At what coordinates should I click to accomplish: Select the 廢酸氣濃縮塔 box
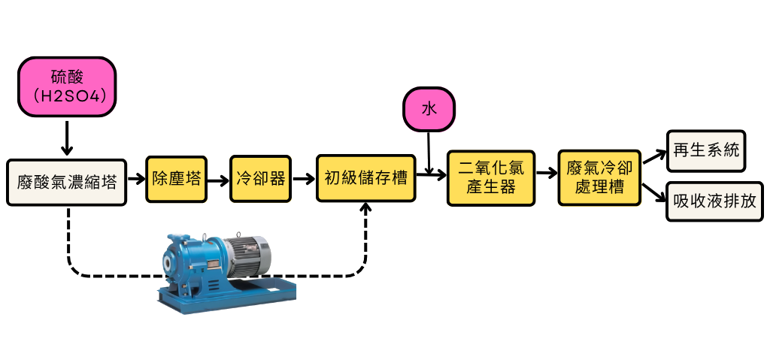coord(67,182)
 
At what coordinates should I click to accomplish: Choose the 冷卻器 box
coord(260,179)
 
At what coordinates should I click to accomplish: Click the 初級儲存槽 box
coord(366,179)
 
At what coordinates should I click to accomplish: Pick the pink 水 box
coord(429,109)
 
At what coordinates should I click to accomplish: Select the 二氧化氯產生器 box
coord(491,179)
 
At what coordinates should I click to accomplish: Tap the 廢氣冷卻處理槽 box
coord(599,179)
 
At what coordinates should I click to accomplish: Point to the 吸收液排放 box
coord(715,202)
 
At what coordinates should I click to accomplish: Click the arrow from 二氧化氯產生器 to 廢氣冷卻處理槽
coord(546,179)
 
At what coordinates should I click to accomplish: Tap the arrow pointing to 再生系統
coord(654,156)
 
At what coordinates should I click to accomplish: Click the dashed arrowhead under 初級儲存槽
coord(367,210)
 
